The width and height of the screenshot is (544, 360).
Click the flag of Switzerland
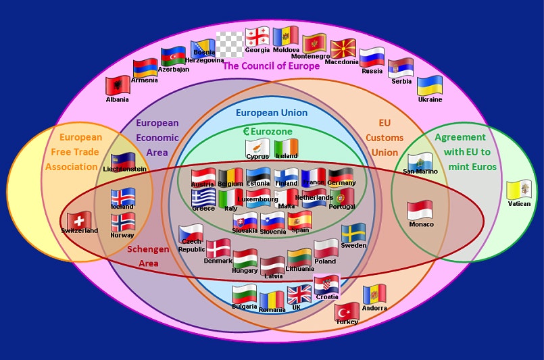point(79,220)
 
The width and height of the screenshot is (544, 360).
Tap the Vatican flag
point(518,190)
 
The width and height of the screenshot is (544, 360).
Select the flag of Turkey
point(347,311)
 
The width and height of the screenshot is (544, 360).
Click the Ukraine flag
point(429,86)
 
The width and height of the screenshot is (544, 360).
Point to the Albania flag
point(118,86)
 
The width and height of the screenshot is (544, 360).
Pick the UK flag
point(299,294)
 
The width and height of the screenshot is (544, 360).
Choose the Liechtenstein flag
point(123,163)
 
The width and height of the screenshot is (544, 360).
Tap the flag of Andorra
point(374,294)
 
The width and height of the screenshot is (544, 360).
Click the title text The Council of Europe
point(271,66)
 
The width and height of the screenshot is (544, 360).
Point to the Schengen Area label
point(148,256)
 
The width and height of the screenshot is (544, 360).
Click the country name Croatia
point(326,297)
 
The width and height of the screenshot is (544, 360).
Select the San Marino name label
point(420,172)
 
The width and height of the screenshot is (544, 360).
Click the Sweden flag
point(353,234)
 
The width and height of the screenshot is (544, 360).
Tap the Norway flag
point(122,222)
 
